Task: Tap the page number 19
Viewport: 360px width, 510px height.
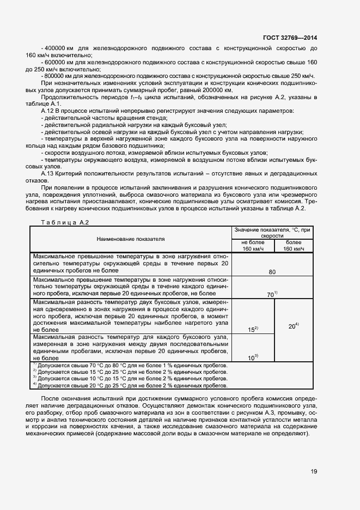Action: (314, 471)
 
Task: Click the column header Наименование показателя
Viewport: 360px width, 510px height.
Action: (131, 239)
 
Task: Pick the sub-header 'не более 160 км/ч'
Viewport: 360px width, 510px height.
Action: (253, 246)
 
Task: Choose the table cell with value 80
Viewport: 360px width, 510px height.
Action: (272, 271)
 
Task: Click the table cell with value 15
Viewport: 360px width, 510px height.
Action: (252, 329)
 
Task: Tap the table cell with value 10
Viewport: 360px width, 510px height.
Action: (252, 357)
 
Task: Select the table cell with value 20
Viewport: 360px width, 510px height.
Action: (293, 326)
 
